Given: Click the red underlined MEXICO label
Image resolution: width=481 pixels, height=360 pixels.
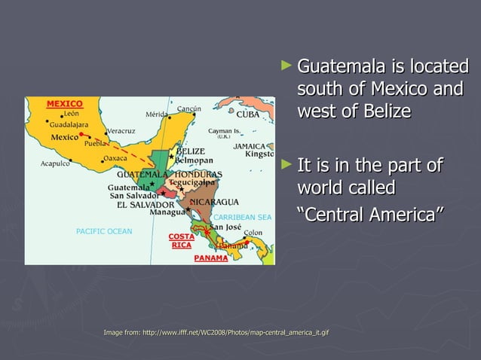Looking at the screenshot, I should (x=65, y=103).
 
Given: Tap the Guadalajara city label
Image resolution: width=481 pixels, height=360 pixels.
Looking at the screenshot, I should (x=69, y=124).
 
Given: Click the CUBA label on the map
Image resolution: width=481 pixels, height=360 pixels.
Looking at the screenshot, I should (x=248, y=115).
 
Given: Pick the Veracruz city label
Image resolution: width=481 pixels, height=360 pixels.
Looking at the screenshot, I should (x=121, y=130).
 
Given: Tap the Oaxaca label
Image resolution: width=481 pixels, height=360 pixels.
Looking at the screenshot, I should (x=115, y=158).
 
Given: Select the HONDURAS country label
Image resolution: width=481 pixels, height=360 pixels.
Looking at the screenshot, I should (x=198, y=174).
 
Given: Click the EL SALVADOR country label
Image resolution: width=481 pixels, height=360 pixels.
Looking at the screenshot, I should (x=142, y=204).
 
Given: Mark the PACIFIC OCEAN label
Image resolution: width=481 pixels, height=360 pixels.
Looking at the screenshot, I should (x=104, y=231).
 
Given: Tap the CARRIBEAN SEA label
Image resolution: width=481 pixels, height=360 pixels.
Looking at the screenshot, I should (x=242, y=217).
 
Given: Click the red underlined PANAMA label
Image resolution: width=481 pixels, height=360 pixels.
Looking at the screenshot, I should (x=211, y=258).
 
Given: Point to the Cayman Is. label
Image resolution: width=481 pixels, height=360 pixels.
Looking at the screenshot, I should (x=224, y=131).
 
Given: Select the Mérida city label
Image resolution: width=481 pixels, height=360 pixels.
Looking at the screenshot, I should (x=156, y=114).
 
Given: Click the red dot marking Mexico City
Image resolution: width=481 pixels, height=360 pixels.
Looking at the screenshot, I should (x=81, y=133).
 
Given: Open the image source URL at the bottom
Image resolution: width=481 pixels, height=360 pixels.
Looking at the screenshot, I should (x=216, y=332).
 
